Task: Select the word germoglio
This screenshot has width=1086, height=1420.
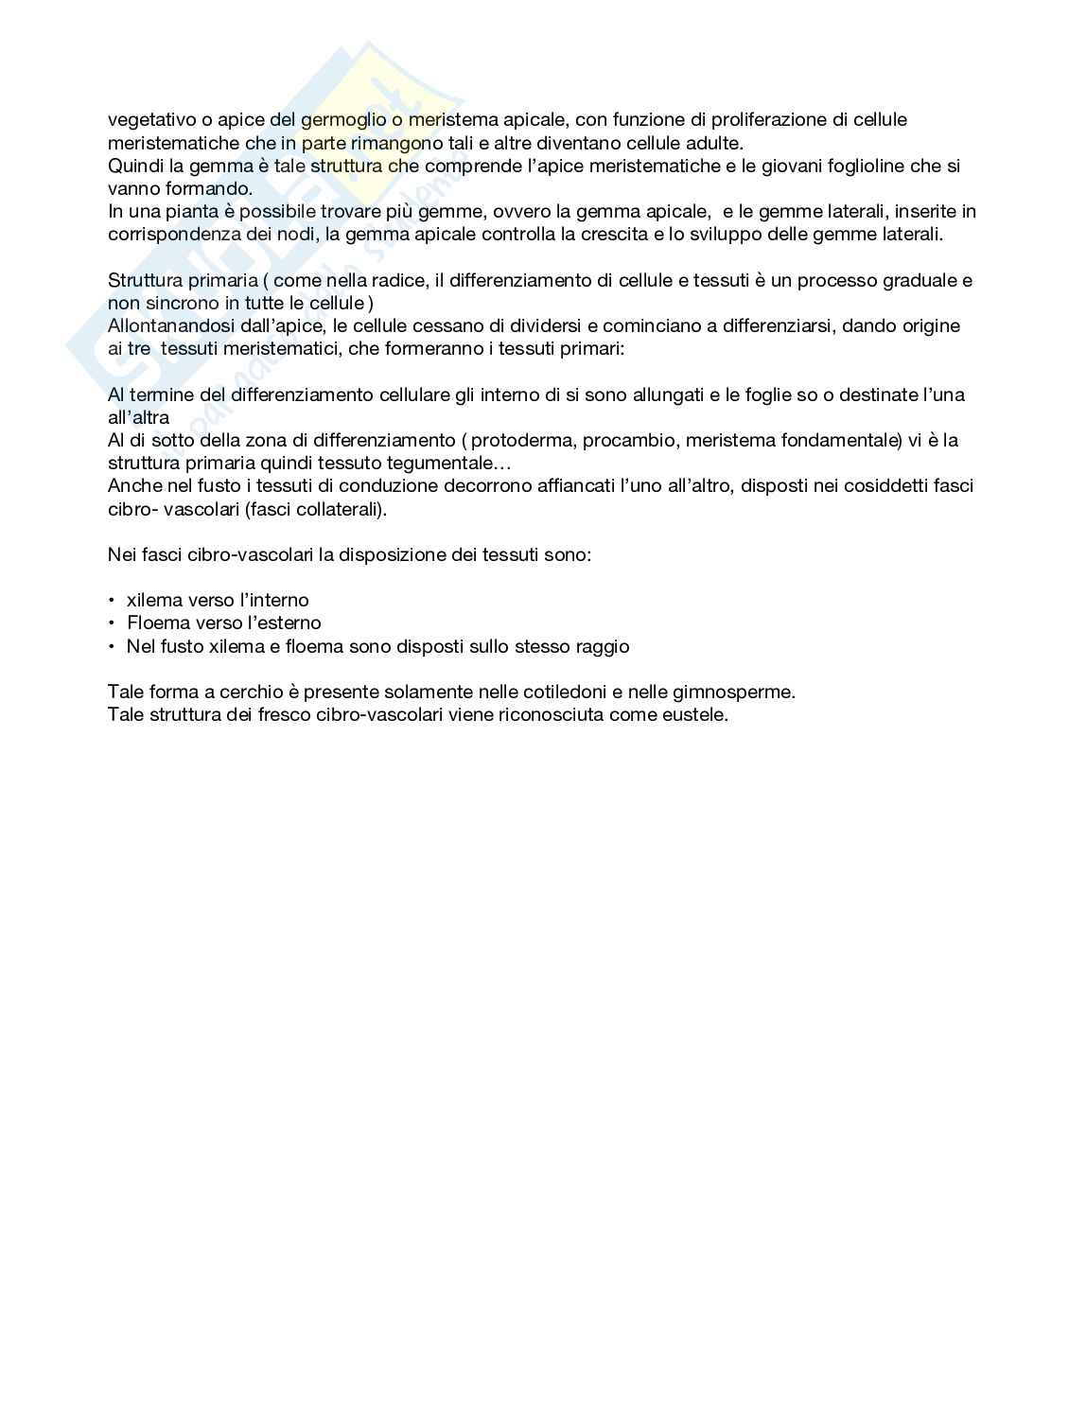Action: (x=343, y=120)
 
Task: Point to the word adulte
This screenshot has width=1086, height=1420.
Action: (x=716, y=143)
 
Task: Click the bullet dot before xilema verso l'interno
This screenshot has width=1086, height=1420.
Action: (x=113, y=601)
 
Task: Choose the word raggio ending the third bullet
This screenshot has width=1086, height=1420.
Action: (x=603, y=647)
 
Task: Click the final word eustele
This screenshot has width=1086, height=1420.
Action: (x=697, y=714)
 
